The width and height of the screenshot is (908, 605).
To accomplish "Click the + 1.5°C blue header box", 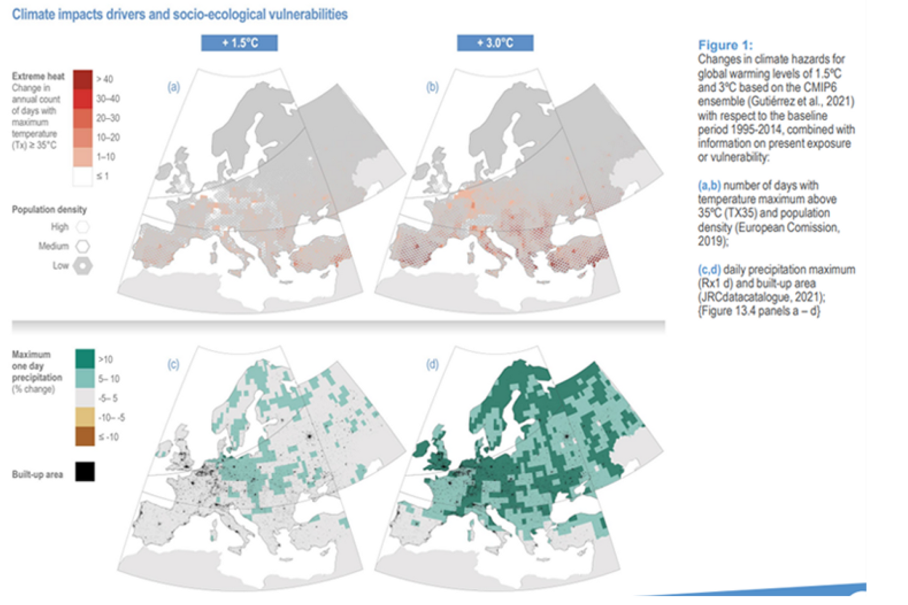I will click(239, 43).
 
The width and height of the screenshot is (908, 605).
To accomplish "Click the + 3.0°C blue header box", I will click(495, 43).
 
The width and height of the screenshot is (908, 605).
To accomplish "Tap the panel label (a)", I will click(173, 87).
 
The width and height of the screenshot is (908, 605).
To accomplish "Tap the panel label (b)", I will click(432, 87).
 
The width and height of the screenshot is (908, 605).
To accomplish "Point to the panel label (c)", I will click(173, 364).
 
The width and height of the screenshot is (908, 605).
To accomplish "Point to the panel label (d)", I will click(432, 364).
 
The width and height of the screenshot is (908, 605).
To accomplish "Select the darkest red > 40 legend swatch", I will click(83, 79).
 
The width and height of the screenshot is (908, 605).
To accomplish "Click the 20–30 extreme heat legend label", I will click(108, 118).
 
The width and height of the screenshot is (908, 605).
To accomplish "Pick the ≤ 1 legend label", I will click(102, 176).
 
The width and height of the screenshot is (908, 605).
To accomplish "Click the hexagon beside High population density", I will click(83, 227).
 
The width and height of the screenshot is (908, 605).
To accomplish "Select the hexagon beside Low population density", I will click(83, 265).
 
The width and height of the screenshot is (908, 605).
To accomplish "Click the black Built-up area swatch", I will click(85, 472).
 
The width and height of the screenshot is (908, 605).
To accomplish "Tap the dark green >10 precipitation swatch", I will click(85, 359).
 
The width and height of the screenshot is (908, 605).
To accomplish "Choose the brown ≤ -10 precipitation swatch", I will click(85, 437).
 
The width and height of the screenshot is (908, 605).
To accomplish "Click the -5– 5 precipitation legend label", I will click(108, 398).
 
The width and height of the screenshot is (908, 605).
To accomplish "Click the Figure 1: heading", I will click(725, 45).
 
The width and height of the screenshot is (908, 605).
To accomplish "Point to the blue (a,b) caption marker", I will click(709, 185).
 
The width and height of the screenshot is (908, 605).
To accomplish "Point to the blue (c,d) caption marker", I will click(709, 270).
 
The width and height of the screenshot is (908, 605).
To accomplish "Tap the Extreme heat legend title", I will click(38, 76).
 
